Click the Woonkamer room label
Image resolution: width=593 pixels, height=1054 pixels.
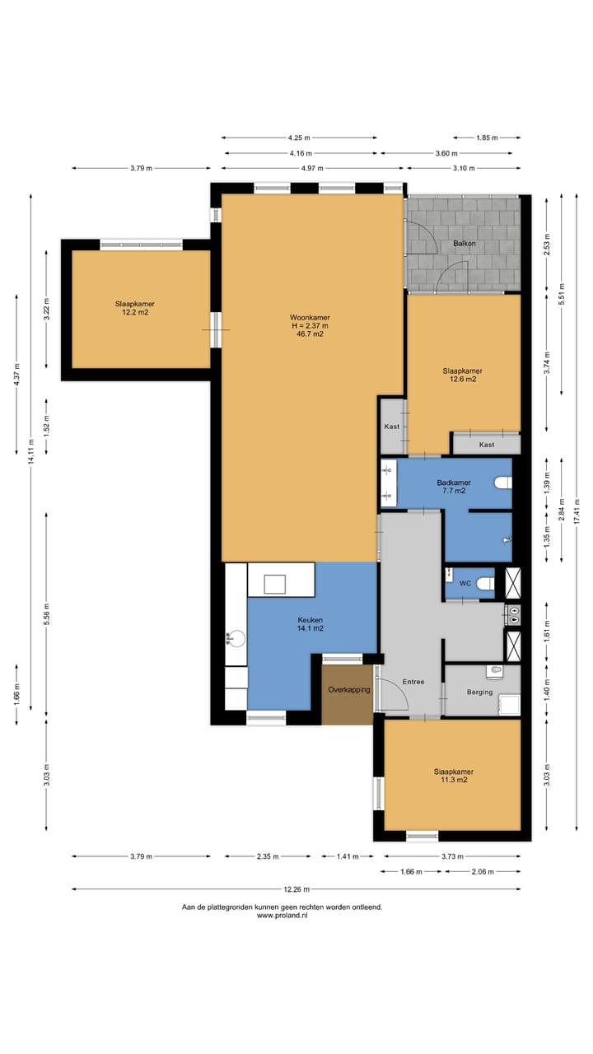click(310, 318)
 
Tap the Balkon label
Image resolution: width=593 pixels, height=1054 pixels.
click(464, 243)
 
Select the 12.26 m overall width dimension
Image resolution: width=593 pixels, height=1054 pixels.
click(296, 889)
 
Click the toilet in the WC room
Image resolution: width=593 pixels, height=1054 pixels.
click(485, 584)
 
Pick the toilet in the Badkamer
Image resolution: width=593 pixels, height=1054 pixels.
click(503, 483)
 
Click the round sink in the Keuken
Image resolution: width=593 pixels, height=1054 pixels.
click(236, 639)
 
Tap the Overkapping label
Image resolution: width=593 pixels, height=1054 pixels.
click(349, 690)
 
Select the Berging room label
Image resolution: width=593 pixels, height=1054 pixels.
click(479, 693)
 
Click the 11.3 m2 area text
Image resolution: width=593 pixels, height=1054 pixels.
click(454, 780)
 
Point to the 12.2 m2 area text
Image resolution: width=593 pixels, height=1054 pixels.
click(135, 312)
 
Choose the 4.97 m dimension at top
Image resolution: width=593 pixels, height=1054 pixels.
click(312, 168)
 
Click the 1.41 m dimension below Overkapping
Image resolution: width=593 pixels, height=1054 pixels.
click(348, 856)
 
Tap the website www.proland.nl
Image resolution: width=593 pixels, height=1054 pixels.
click(282, 915)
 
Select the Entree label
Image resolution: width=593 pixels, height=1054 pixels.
click(413, 681)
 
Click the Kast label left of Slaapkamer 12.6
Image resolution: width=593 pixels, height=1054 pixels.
click(391, 427)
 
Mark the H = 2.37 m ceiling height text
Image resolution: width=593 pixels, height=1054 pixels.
click(310, 325)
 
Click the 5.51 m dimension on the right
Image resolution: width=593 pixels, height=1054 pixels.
click(562, 295)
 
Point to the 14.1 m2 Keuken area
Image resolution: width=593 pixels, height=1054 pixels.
click(311, 628)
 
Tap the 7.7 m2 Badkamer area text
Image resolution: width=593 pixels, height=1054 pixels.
click(454, 491)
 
